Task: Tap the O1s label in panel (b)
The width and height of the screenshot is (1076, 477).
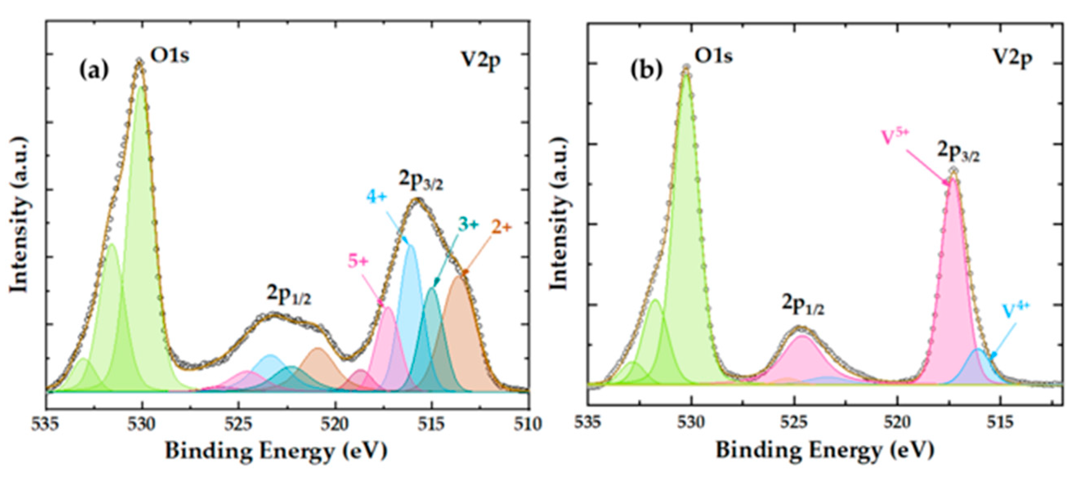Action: [x=714, y=56]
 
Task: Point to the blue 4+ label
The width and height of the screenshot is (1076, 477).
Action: [x=377, y=196]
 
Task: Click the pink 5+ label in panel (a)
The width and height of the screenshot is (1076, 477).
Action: [x=358, y=262]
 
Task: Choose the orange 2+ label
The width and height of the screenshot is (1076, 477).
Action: [x=501, y=227]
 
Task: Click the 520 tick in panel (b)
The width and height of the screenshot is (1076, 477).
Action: [x=898, y=422]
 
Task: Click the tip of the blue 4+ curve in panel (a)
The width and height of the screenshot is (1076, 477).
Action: [x=411, y=245]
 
